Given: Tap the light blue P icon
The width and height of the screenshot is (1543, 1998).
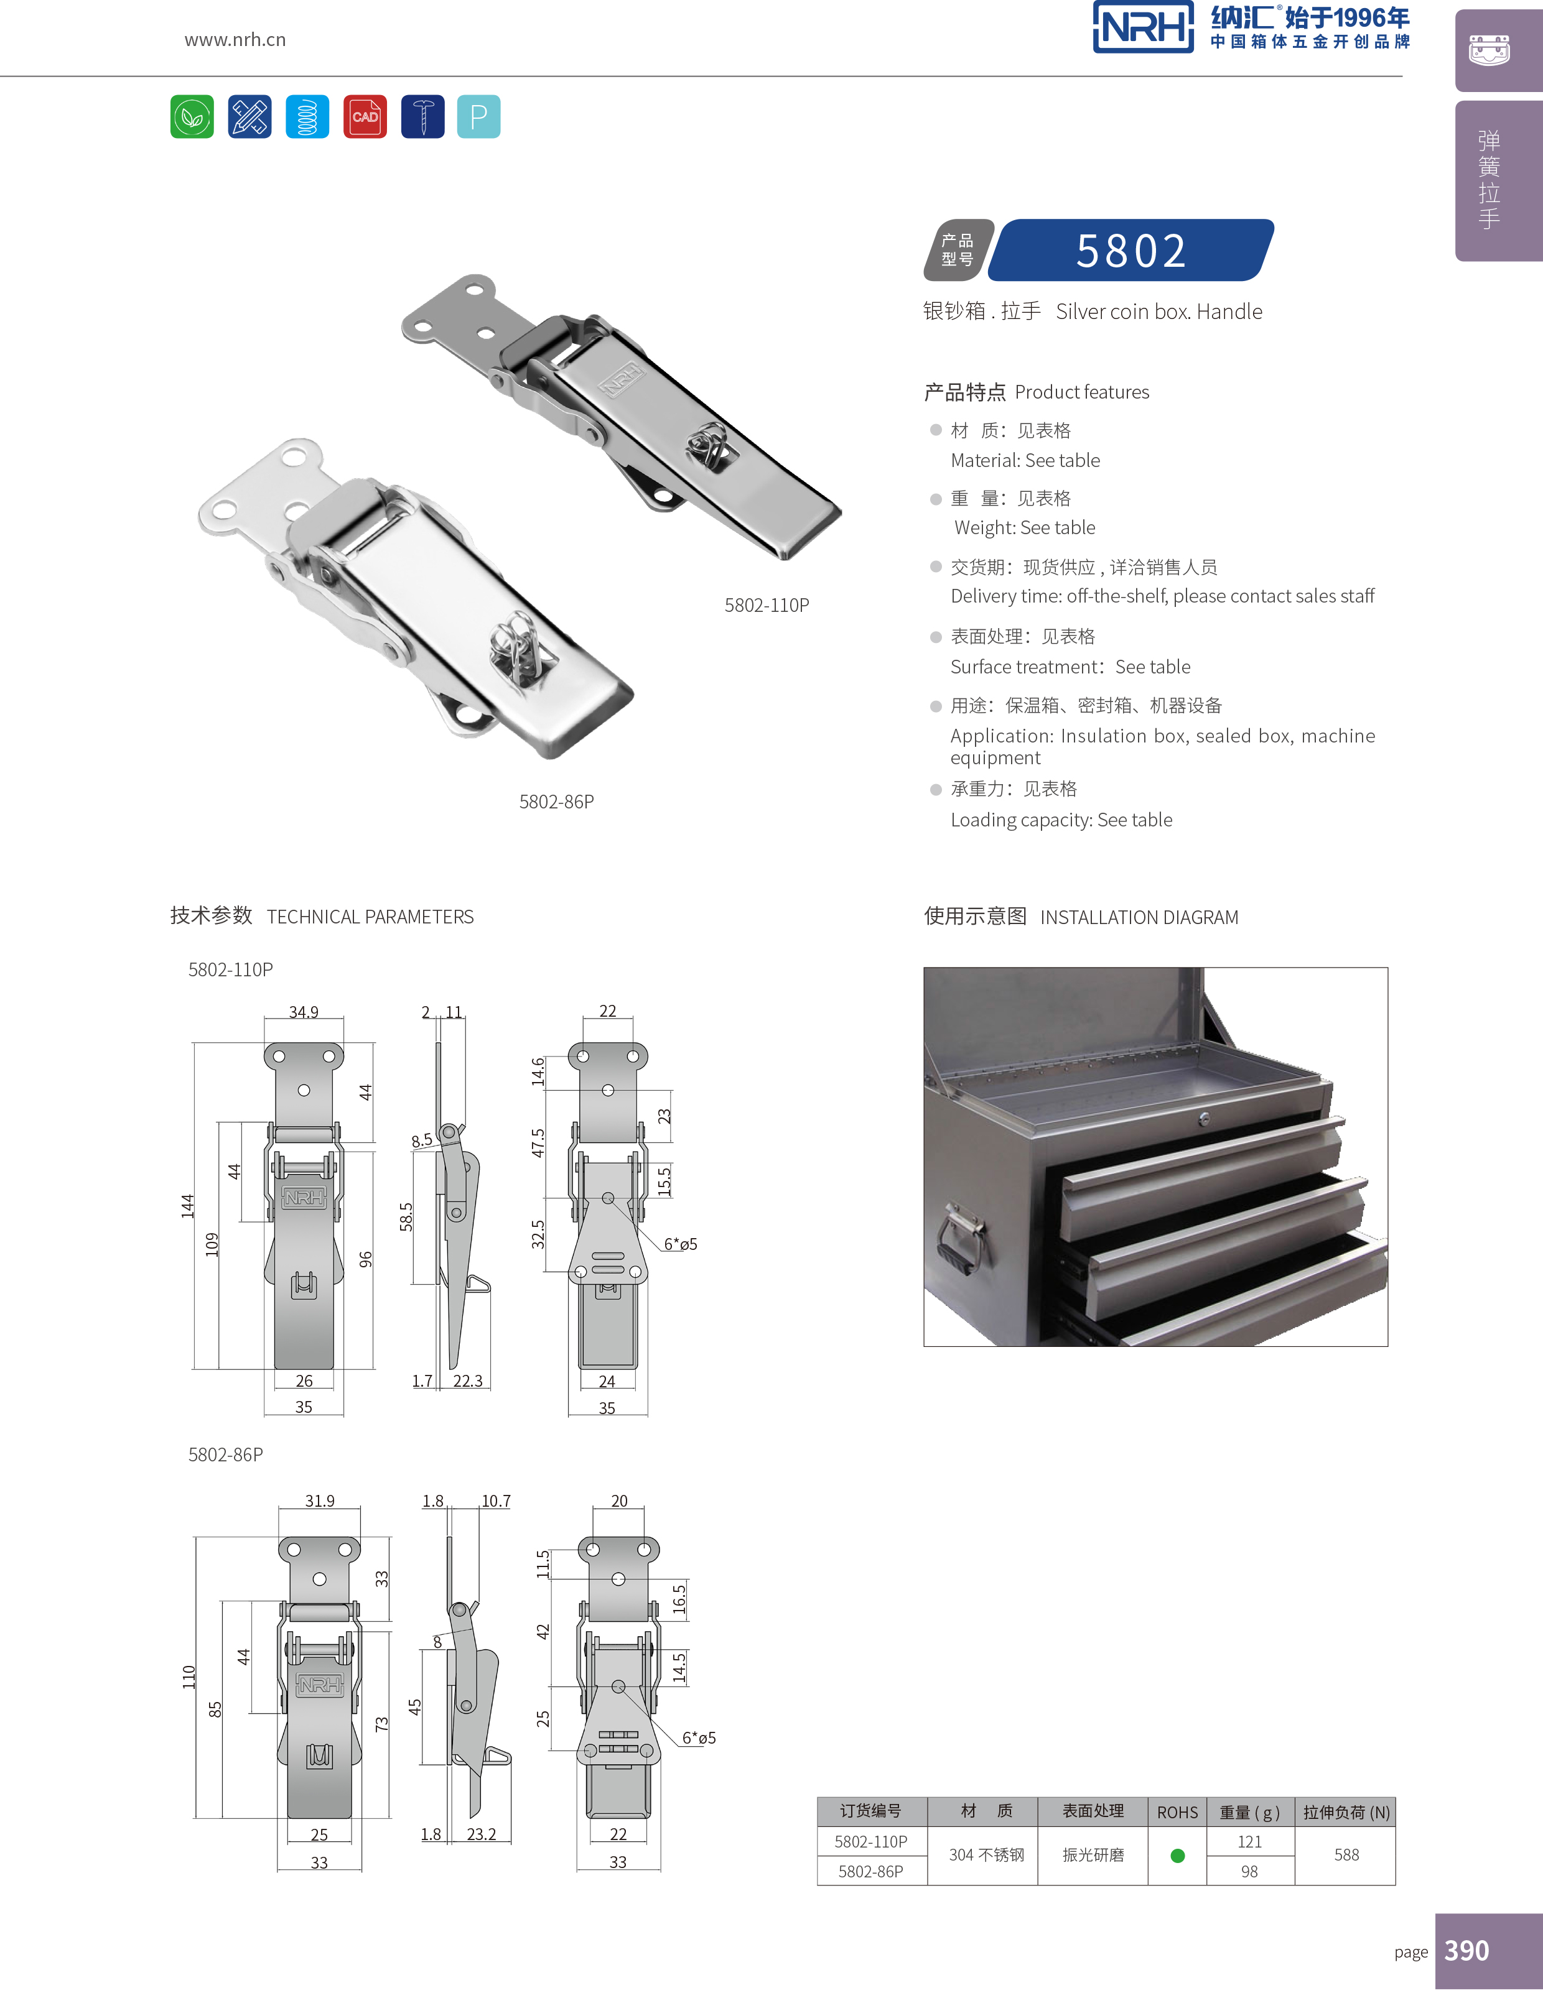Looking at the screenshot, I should (x=478, y=116).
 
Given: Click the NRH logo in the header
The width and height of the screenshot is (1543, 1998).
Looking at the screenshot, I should (x=1143, y=27).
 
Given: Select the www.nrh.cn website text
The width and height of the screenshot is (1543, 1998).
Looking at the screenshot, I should (x=235, y=39).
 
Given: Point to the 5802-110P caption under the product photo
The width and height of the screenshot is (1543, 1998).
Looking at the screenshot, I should (x=766, y=604).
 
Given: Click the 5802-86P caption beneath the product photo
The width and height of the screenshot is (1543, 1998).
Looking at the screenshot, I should (x=556, y=802).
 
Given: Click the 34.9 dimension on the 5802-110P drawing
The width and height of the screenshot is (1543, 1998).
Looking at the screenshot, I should (x=304, y=1012).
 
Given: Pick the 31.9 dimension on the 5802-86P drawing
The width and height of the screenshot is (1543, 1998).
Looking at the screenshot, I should (x=319, y=1501).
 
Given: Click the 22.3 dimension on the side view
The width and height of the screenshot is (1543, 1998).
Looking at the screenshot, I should (x=468, y=1381).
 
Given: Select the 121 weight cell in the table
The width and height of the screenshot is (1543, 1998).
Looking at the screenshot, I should (x=1249, y=1841).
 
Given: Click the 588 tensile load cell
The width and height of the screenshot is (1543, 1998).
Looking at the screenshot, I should (x=1346, y=1856).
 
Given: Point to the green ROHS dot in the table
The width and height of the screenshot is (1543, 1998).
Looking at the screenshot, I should (x=1178, y=1856).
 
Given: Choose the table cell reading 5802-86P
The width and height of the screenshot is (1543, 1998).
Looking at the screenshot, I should (x=870, y=1872).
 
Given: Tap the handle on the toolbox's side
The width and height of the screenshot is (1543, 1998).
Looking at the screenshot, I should (x=961, y=1241).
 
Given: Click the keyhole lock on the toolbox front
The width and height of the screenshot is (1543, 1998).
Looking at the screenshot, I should (x=1205, y=1119).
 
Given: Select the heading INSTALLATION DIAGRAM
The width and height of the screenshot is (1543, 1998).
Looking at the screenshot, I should (x=1139, y=917).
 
